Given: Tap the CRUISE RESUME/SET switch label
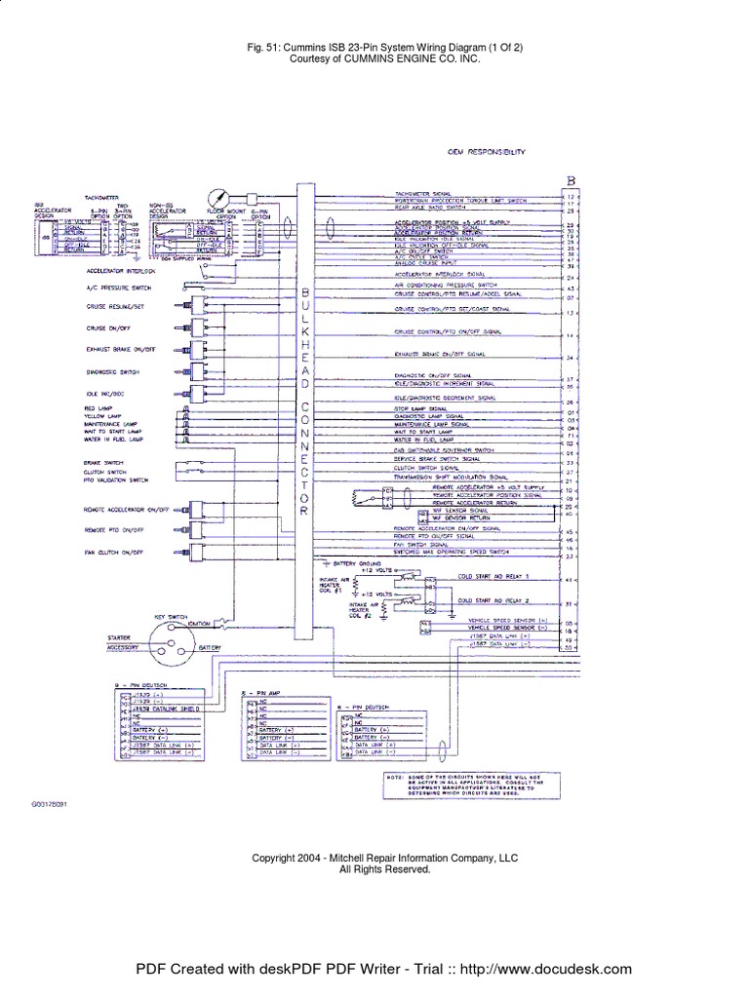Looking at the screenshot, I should click(x=115, y=306).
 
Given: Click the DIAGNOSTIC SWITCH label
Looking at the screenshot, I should click(x=111, y=372).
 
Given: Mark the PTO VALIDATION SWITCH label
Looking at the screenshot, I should click(x=116, y=480).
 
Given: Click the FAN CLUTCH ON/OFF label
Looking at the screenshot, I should click(x=114, y=553).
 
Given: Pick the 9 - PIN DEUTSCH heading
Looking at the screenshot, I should click(x=136, y=687).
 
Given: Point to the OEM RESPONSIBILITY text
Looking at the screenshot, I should click(x=487, y=153).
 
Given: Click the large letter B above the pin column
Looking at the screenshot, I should click(x=572, y=180).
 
